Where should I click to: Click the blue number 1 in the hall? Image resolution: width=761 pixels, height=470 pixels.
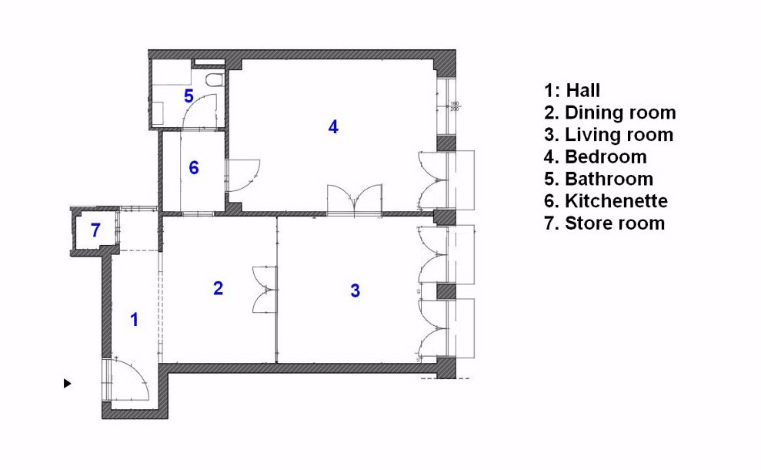pyautogui.click(x=135, y=319)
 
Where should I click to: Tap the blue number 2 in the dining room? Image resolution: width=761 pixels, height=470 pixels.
pyautogui.click(x=218, y=288)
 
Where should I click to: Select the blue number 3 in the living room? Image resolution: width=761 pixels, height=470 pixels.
pyautogui.click(x=355, y=291)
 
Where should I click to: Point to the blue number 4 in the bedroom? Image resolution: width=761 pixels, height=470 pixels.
pyautogui.click(x=332, y=127)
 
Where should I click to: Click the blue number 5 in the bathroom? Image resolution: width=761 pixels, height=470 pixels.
pyautogui.click(x=189, y=96)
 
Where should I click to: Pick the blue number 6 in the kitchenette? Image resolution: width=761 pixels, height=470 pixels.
pyautogui.click(x=194, y=167)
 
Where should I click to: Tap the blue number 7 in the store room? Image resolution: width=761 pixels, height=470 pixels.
pyautogui.click(x=95, y=230)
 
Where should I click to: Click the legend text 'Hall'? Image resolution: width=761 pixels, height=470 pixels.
pyautogui.click(x=582, y=91)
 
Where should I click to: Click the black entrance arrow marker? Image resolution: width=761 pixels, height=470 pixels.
pyautogui.click(x=68, y=382)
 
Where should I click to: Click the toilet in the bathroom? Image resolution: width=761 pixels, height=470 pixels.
pyautogui.click(x=215, y=79)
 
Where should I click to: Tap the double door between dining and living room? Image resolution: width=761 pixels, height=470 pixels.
pyautogui.click(x=265, y=290)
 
